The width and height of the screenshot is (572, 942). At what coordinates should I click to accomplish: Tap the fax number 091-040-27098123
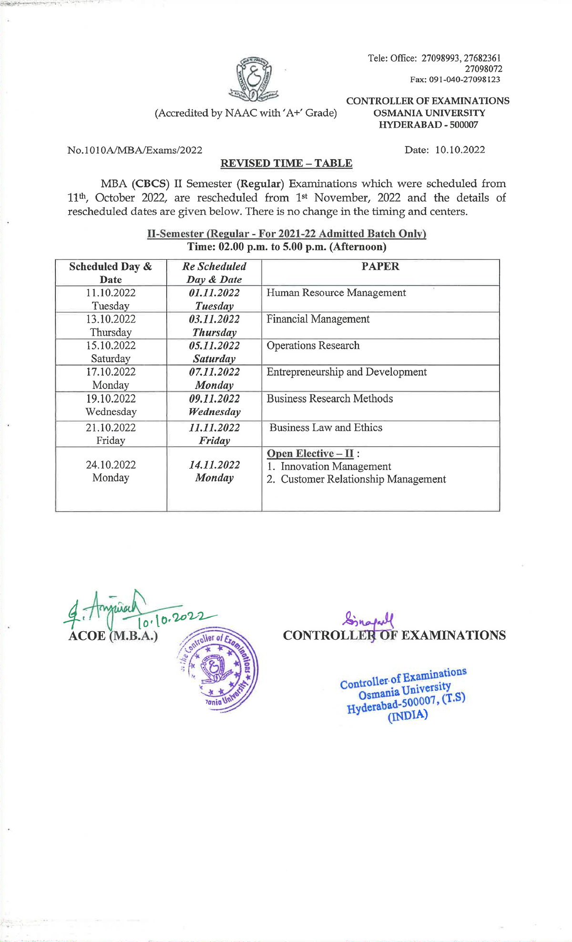click(x=455, y=80)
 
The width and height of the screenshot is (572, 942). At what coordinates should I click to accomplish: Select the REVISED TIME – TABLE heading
click(x=286, y=164)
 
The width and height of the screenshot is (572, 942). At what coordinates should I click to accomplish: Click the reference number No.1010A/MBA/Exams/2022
click(x=135, y=150)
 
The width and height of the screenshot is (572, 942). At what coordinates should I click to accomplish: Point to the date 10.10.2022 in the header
click(x=460, y=150)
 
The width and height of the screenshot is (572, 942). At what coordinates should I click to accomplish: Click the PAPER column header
click(x=380, y=266)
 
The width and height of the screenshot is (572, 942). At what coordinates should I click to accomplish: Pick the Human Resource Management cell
click(x=336, y=293)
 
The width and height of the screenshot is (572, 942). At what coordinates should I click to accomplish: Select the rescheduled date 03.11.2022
click(x=214, y=319)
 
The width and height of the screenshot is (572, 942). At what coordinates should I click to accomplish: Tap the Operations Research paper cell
click(x=313, y=346)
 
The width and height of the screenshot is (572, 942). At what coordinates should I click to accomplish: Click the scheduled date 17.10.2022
click(x=111, y=372)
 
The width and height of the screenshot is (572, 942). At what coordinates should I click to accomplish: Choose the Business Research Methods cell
click(x=329, y=399)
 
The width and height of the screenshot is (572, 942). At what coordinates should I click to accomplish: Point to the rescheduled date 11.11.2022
click(x=214, y=428)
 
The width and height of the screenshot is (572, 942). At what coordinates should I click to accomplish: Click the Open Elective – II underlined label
click(x=310, y=453)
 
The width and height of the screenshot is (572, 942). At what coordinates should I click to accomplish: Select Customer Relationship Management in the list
click(x=363, y=479)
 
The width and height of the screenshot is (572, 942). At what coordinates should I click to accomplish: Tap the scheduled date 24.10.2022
click(x=111, y=465)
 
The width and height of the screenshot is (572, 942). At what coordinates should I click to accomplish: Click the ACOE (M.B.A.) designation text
click(x=113, y=636)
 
